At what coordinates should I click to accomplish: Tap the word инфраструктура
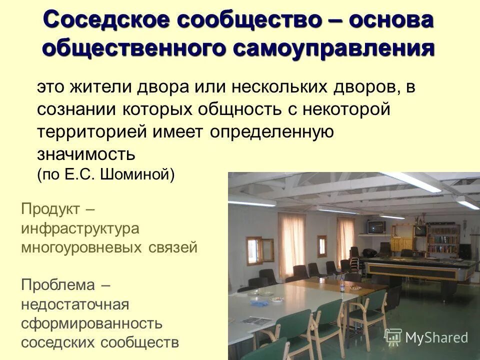tap(80, 228)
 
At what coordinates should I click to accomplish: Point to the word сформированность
tap(91, 323)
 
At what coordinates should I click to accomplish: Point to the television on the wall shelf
tap(376, 227)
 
